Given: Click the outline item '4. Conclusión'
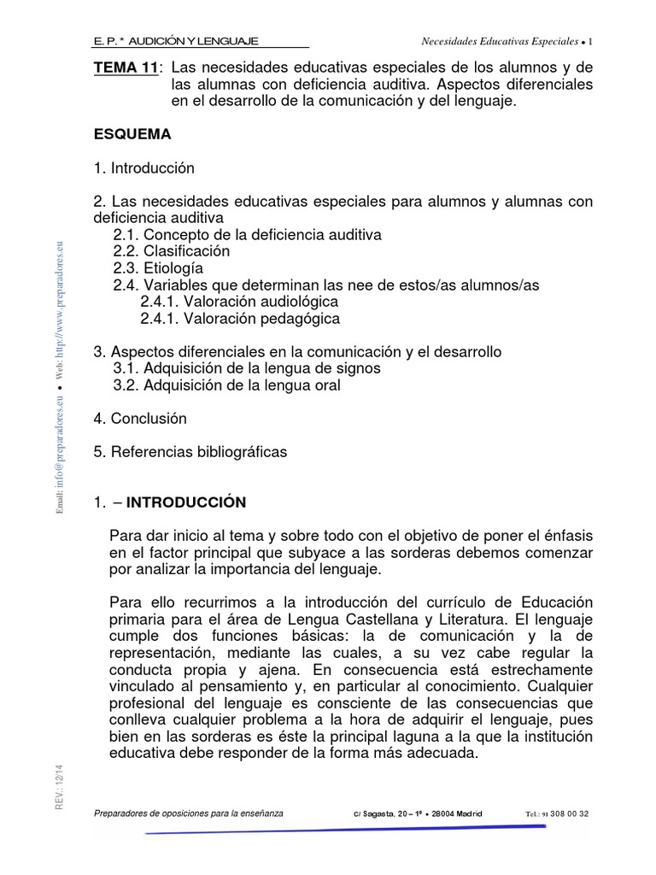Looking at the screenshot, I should [x=140, y=419].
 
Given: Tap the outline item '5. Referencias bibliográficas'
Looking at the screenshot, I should [x=190, y=451].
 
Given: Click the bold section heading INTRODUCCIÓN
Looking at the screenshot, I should [x=186, y=502].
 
